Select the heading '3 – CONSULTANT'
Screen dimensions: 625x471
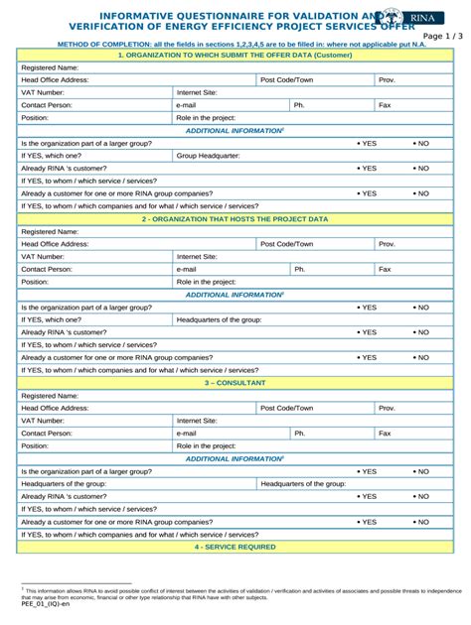coord(235,382)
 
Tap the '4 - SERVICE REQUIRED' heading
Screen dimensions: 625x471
coord(235,547)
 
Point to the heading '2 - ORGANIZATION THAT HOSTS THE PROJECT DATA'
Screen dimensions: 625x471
coord(235,218)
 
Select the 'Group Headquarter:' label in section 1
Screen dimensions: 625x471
coord(208,156)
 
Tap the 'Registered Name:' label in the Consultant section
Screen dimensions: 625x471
coord(51,396)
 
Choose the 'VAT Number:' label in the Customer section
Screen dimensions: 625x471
coord(43,91)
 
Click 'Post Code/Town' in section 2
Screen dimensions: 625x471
coord(286,244)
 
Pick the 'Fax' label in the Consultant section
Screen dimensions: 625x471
coord(386,434)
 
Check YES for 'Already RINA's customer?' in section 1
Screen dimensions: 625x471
coord(367,169)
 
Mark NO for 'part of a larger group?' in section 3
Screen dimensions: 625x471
coord(420,471)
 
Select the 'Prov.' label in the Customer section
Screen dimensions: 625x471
coord(388,78)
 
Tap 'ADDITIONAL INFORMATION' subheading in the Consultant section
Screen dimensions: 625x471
coord(235,458)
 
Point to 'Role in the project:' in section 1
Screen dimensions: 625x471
coord(206,117)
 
